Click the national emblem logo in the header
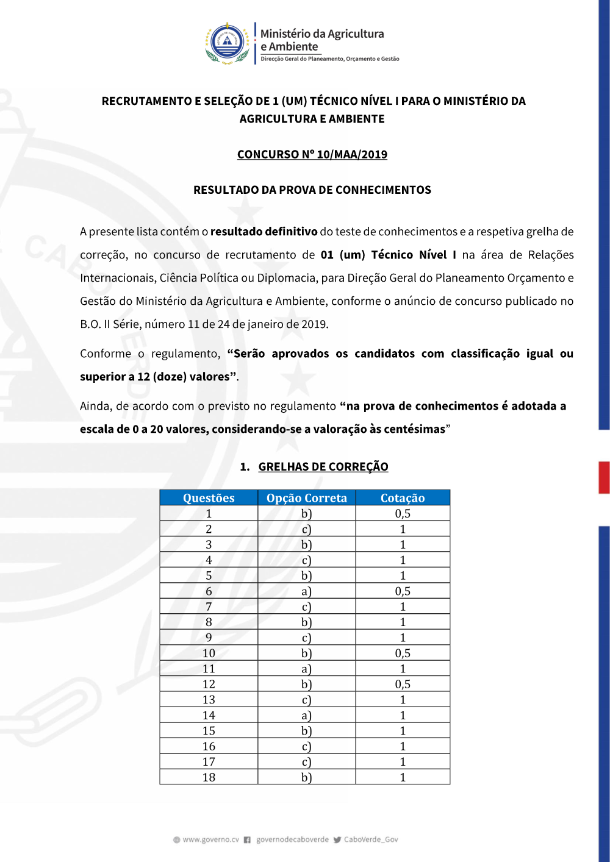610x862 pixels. coord(227,43)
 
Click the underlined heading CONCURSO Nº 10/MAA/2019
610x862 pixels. coord(312,154)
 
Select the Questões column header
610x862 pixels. coord(209,498)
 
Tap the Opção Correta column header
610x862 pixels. coord(307,498)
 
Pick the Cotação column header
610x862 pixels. coord(403,498)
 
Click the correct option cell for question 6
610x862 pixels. coord(307,591)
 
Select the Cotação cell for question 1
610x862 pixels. coord(403,514)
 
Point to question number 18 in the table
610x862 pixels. coord(209,777)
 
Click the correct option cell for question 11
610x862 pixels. coord(307,669)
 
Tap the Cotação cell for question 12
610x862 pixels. coord(403,684)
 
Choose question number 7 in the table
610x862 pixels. coord(209,607)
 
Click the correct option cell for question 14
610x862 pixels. coord(307,715)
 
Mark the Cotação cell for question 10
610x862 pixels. coord(403,653)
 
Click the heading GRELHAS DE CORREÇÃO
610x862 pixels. coord(323,466)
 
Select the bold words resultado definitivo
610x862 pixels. coord(264,232)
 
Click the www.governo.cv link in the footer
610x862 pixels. coord(210,839)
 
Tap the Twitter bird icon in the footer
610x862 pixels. coord(337,840)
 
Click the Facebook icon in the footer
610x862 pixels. coord(247,840)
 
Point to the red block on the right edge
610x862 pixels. coord(604,477)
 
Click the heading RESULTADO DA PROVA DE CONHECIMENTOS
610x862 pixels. coord(312,190)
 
